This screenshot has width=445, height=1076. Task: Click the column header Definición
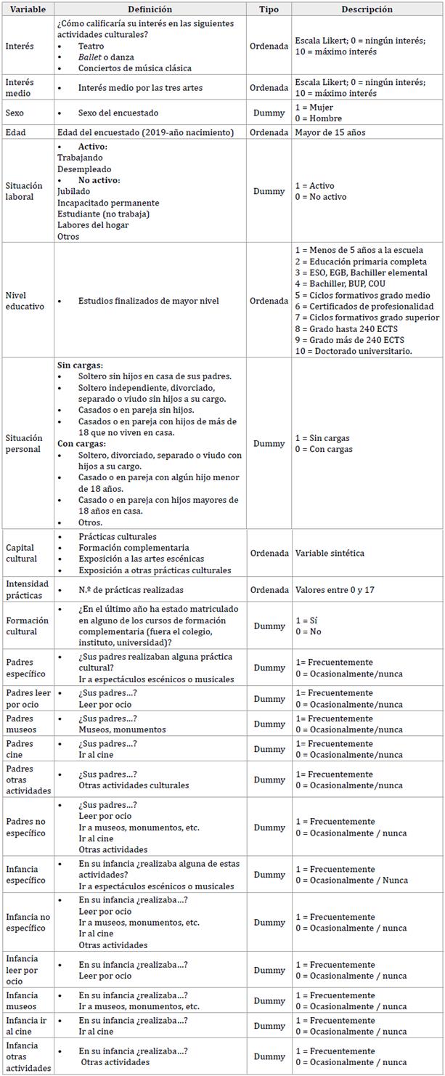pos(150,9)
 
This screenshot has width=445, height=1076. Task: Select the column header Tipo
pos(269,9)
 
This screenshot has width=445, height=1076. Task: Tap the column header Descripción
pos(367,9)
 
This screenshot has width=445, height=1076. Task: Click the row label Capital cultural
pos(21,553)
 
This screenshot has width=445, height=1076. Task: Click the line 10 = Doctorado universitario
pos(354,352)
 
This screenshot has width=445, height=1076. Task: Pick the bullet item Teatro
pos(91,46)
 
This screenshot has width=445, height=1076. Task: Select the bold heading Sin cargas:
pos(80,365)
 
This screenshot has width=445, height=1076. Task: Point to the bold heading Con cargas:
pos(81,443)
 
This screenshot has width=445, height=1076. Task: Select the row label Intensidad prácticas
pos(27,589)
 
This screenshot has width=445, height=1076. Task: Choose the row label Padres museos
pos(22,724)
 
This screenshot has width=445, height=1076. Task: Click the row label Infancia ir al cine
pos(26,1026)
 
